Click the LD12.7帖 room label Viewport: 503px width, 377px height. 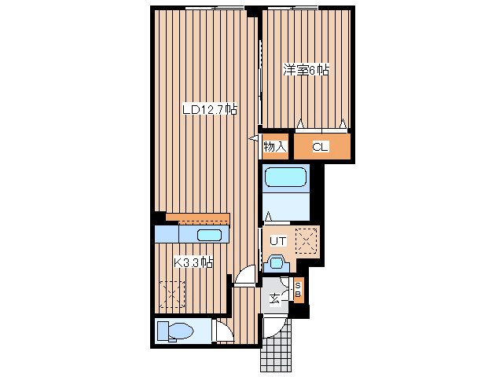tap(210, 109)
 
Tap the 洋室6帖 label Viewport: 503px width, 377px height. tap(306, 70)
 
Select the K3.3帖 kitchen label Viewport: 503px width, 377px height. tap(193, 263)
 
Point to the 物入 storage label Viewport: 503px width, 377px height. tap(275, 147)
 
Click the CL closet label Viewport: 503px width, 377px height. tap(321, 147)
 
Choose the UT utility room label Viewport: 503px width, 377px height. tap(277, 241)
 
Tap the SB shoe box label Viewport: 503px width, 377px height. tap(298, 290)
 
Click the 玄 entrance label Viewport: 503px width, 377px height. tap(275, 299)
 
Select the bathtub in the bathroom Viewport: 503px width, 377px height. tap(285, 177)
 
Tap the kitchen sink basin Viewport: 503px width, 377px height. tap(210, 236)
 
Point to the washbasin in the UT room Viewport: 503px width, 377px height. tap(277, 263)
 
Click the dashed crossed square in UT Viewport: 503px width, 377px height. tap(307, 241)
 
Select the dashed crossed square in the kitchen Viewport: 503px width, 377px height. tap(172, 295)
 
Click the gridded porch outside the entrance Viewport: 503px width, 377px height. tap(276, 346)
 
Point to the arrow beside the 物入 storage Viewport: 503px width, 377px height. tap(254, 139)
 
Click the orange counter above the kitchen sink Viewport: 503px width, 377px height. tap(197, 219)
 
